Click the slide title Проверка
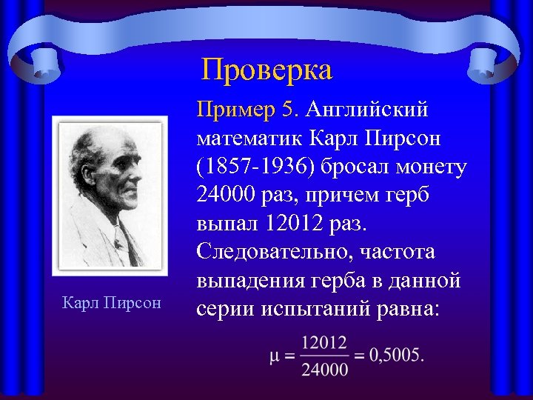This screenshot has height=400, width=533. tap(267, 70)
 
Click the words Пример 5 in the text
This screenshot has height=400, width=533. tap(246, 110)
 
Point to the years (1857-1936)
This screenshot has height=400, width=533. tap(257, 167)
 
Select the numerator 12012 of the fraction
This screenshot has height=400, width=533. tap(324, 342)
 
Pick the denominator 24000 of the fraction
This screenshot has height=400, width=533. tap(324, 368)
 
